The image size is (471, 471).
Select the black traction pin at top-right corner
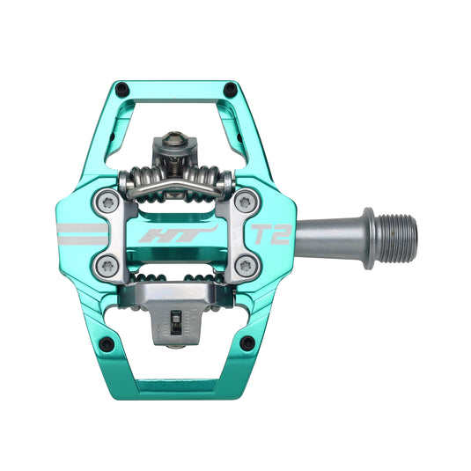point(232,88)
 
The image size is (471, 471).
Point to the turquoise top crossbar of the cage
point(175,89)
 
